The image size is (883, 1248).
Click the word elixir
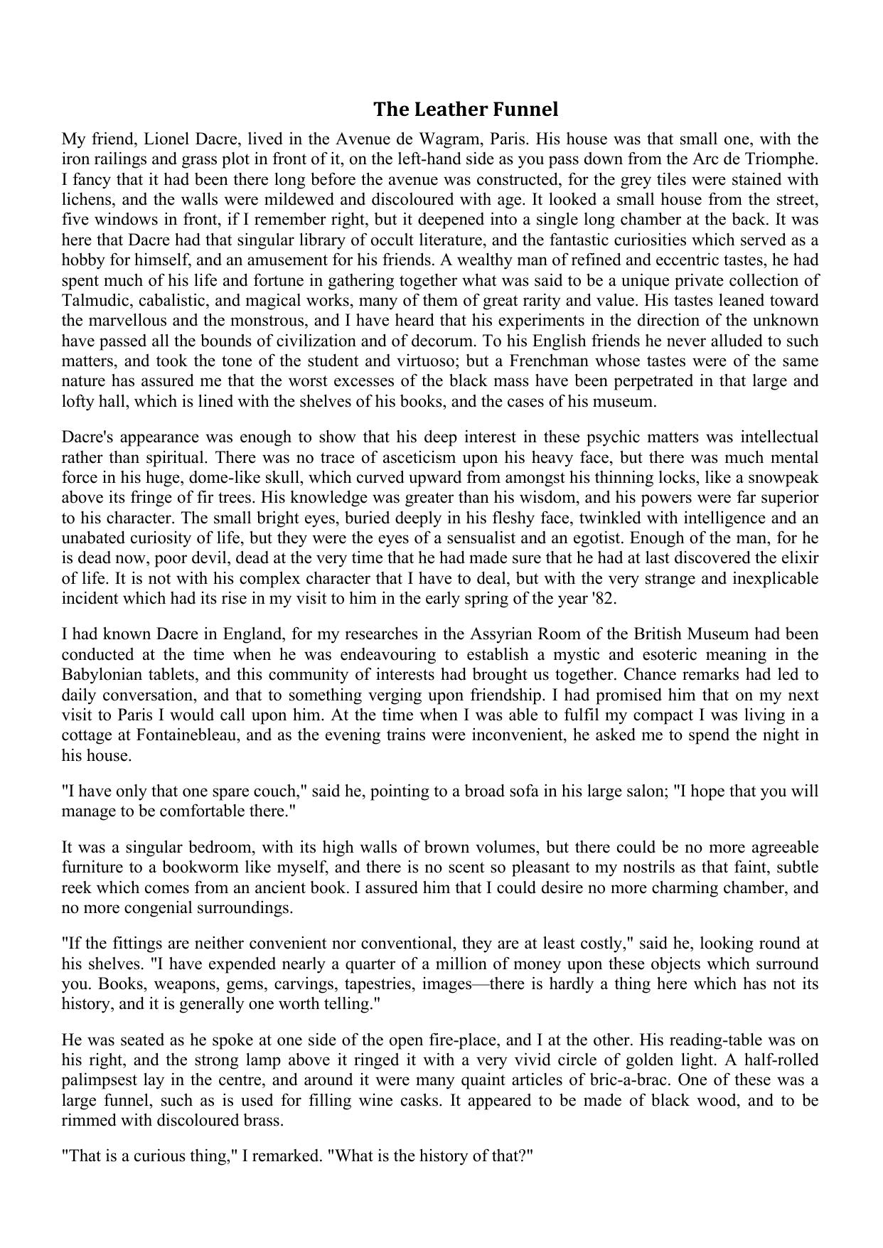(x=799, y=558)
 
